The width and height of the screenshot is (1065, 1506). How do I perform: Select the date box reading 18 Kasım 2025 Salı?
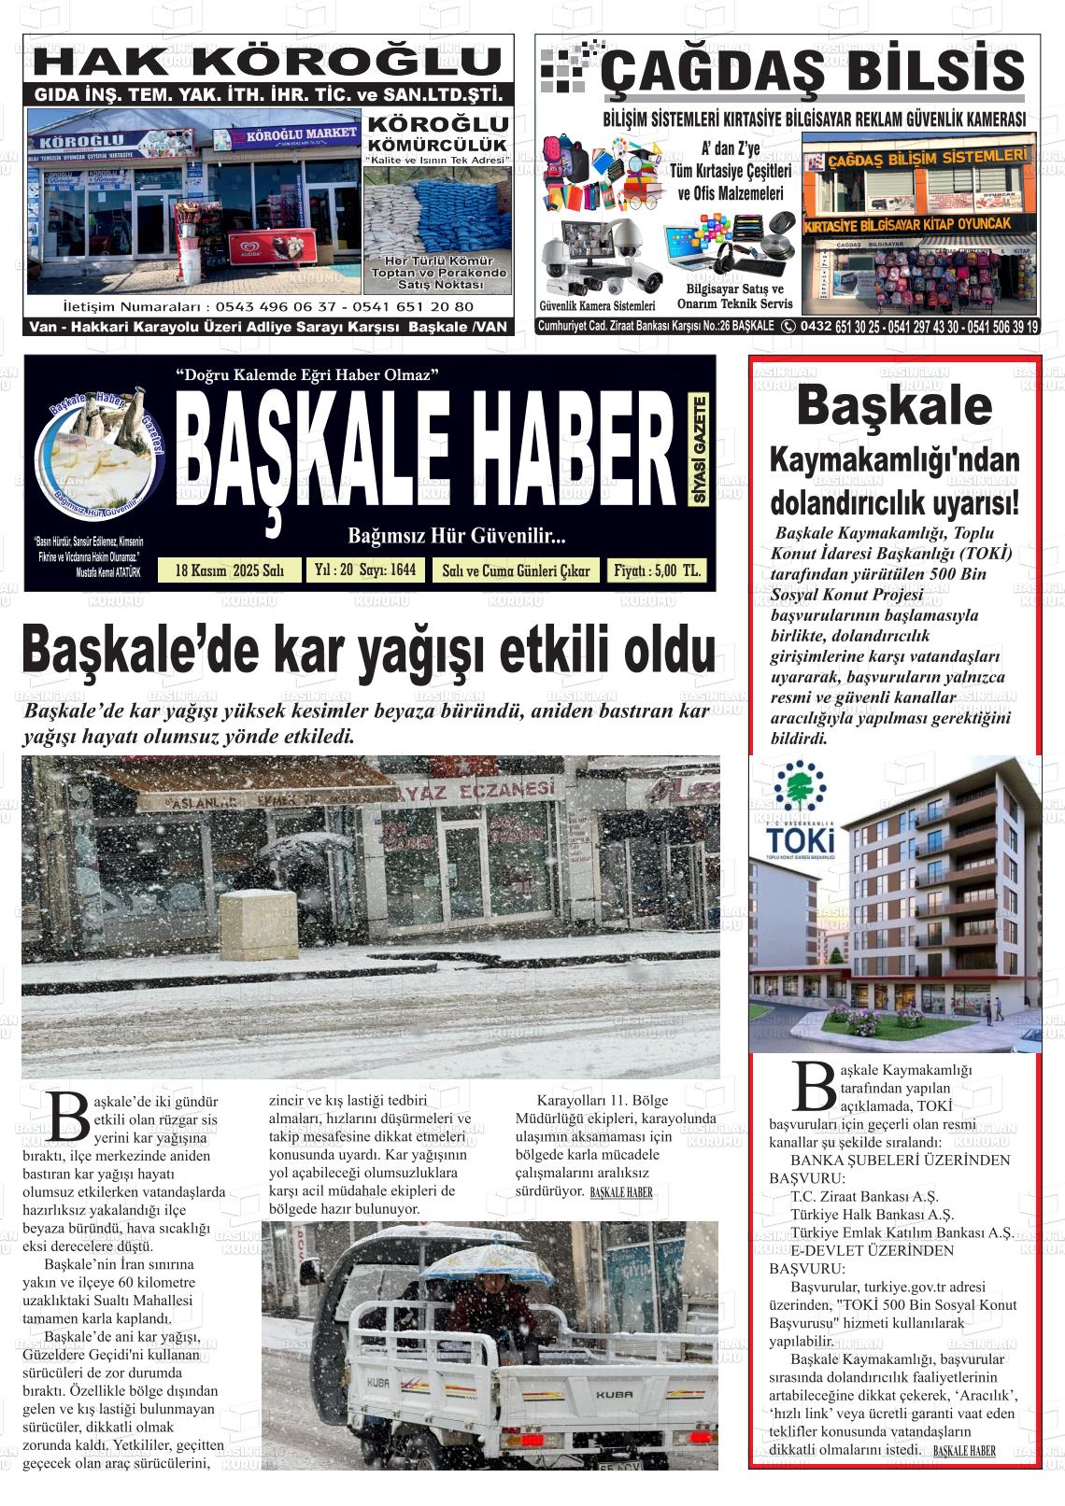[230, 570]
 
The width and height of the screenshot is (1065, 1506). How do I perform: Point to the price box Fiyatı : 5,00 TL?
[657, 570]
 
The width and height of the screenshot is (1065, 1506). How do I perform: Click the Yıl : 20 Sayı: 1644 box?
[365, 570]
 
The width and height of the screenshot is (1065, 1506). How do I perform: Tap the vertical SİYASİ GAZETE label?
[699, 450]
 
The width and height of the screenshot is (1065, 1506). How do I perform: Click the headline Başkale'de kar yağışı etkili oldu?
[369, 651]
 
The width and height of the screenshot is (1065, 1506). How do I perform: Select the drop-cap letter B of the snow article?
[68, 1116]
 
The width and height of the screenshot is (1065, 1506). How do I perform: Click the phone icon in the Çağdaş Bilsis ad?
[788, 326]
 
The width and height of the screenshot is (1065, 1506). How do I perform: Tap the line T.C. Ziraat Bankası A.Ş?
[851, 1196]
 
